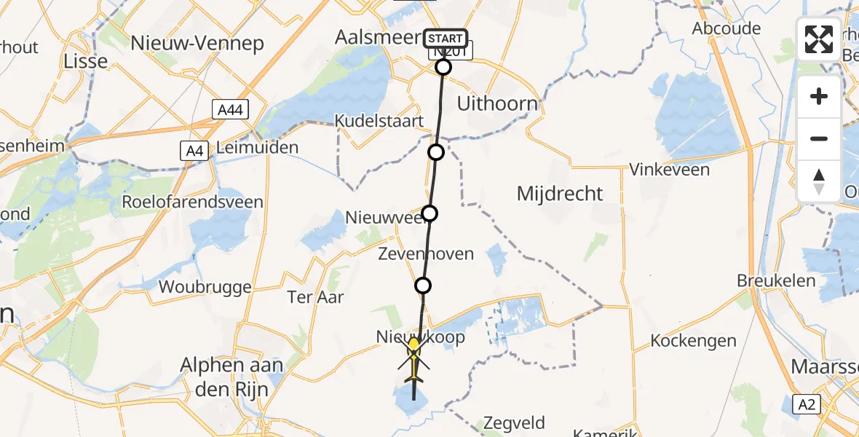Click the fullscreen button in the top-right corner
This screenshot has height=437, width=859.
coord(819,39)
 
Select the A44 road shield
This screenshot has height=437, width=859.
coord(231,110)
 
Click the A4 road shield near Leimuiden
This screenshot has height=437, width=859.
coord(193,151)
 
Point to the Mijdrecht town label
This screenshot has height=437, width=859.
coord(560,194)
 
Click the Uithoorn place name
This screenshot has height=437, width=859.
coord(497,103)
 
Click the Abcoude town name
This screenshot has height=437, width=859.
coord(727,29)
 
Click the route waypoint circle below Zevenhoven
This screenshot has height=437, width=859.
coord(423,286)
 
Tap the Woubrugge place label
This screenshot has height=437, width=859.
coord(205,287)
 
